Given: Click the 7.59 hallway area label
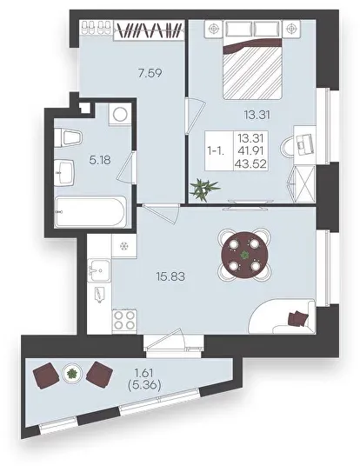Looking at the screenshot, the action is coord(150,73).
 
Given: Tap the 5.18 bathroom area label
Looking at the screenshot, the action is coord(100,160).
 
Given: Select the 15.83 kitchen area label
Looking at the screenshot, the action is coord(170,276).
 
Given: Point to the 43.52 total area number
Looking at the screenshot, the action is coord(252,164).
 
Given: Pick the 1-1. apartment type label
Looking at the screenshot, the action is coord(216,151).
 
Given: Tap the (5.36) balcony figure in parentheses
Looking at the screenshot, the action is coord(143,386).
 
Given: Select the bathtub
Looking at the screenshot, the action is coord(90,211).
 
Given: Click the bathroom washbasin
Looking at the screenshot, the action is coord(64,171).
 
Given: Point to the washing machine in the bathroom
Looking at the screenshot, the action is coord(120,114).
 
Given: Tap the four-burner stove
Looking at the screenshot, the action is coord(124,321).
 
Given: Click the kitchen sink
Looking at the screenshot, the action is coord(99,270).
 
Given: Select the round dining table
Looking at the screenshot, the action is coord(244,255).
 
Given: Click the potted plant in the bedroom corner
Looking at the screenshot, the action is coord(205,189).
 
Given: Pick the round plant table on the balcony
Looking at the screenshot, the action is coord(71,374).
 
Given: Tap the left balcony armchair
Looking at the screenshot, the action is coord(46,376).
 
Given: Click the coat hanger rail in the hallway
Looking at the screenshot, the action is coord(149,30).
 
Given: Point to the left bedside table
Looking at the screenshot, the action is coord(214,29).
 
